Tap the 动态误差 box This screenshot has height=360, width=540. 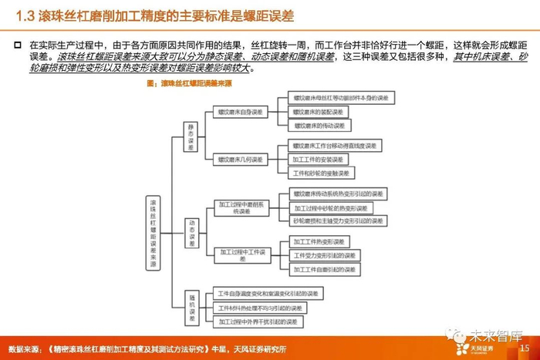click(x=193, y=230)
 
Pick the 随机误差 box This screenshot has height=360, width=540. click(x=193, y=305)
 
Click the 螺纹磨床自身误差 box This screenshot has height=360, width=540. click(x=240, y=112)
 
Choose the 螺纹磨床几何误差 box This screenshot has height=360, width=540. click(x=240, y=160)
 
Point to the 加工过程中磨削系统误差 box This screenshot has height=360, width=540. click(x=240, y=208)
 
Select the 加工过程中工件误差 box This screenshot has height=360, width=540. click(x=240, y=255)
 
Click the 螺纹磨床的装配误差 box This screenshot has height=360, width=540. click(x=320, y=111)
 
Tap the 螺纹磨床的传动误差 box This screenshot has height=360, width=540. click(x=320, y=125)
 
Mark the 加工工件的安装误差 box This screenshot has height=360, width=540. click(x=320, y=160)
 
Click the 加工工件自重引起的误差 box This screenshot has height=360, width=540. click(x=323, y=269)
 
